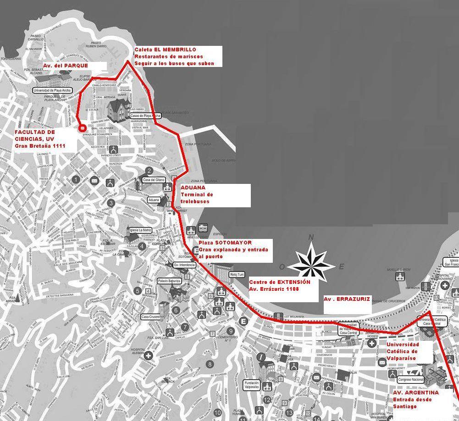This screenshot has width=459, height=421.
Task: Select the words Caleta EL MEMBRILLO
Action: point(165,50)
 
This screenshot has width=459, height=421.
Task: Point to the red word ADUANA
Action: point(193,188)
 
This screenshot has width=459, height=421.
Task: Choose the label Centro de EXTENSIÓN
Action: point(280,282)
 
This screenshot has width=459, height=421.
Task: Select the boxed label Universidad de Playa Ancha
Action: point(53,90)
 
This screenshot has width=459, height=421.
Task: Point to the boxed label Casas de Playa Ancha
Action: point(145,116)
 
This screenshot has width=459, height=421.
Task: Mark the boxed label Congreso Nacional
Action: point(410,380)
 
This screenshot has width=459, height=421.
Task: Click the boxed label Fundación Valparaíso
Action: point(252,385)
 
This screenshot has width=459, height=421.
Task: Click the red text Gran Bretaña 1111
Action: point(40,146)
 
